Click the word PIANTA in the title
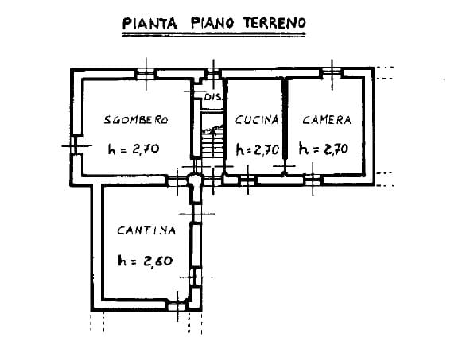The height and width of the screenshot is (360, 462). click(149, 23)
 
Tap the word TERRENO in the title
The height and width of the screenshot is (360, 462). click(274, 23)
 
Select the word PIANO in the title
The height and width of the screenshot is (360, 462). click(212, 23)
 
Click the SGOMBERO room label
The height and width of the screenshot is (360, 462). click(136, 120)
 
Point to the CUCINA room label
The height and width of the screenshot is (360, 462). click(257, 120)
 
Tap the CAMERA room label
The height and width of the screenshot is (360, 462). click(327, 120)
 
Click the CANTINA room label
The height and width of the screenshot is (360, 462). click(146, 230)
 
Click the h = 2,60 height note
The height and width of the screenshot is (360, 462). click(146, 261)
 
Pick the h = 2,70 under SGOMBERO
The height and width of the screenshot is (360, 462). click(134, 149)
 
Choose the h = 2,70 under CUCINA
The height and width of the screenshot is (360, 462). click(257, 150)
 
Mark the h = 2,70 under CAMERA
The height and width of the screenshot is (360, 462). click(324, 149)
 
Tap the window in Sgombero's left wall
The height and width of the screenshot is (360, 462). click(76, 145)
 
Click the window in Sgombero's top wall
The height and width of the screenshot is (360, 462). click(146, 74)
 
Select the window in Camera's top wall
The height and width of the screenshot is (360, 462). click(332, 73)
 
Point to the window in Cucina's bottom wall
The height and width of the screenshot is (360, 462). click(248, 180)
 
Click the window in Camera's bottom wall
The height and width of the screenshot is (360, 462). click(313, 180)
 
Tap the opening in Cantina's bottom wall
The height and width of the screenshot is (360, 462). click(177, 306)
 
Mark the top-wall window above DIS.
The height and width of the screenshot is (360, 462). click(214, 74)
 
